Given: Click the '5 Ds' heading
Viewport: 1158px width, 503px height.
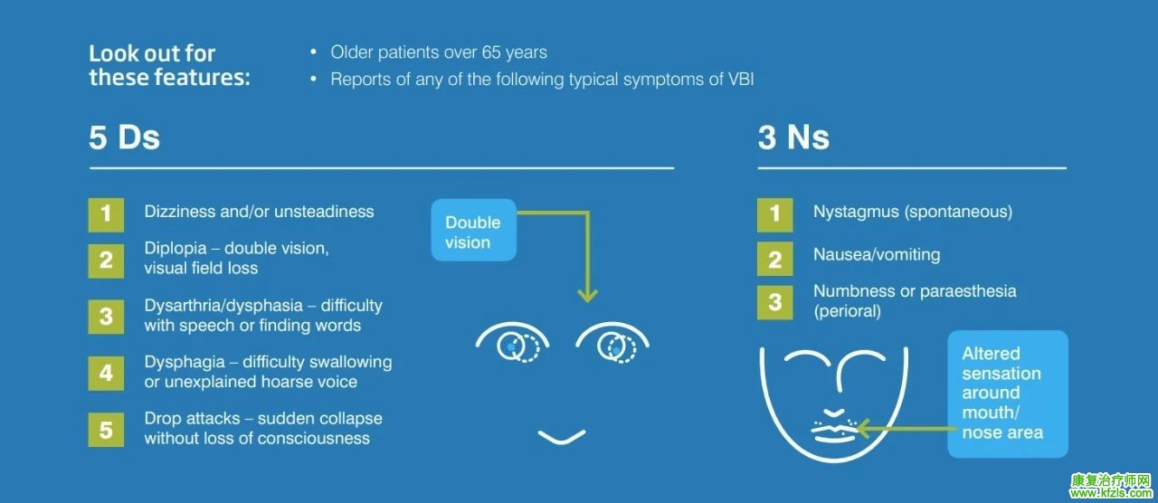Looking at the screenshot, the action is point(124,138).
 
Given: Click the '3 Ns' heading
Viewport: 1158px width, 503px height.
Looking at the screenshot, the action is point(793,138).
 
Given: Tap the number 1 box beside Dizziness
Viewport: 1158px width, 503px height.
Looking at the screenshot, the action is point(106,214).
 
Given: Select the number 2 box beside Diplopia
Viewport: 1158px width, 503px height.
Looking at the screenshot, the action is point(106,261).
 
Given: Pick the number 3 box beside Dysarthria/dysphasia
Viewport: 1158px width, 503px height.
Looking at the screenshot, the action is point(106,317).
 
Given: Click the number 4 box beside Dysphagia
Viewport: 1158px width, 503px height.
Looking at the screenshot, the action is point(106,373).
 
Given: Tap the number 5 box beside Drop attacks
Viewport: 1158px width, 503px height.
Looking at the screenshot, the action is point(106,430).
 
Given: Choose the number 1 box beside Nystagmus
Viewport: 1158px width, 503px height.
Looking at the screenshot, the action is point(775,214).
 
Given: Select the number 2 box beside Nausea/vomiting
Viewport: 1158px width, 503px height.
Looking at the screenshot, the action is point(775,259).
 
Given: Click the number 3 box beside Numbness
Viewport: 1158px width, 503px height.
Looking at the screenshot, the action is point(775,302).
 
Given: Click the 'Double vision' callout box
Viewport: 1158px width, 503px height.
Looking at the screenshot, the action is point(473,230).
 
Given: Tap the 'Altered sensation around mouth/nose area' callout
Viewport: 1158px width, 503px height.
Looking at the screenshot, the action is point(1008,394).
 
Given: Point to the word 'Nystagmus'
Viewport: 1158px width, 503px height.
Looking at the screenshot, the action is point(856,212).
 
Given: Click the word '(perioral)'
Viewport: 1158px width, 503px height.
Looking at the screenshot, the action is point(848,311).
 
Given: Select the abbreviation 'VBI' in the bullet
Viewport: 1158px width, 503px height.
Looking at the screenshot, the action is point(741,79).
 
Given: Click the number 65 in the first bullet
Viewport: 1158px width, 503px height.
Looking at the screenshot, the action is point(491,52).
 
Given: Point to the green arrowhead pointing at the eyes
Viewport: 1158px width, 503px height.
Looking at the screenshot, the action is point(587,295).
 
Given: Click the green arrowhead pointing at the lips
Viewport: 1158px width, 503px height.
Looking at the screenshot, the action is point(863,428).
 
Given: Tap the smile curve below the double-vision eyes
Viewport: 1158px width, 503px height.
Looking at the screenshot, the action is point(562,437).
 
